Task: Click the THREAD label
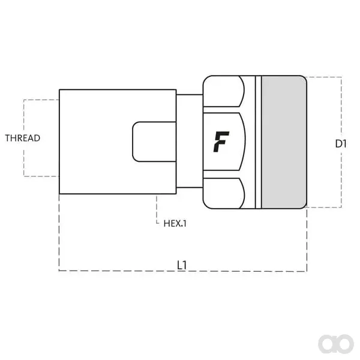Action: (x=23, y=138)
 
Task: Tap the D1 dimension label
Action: (x=341, y=144)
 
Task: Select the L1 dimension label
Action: (x=182, y=265)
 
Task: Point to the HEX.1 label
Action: (x=175, y=223)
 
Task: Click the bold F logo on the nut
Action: (x=221, y=142)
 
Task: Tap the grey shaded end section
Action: (x=284, y=142)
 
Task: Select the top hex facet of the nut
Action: (x=224, y=91)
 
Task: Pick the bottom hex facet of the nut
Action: (x=224, y=193)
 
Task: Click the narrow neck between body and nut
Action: (x=190, y=141)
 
